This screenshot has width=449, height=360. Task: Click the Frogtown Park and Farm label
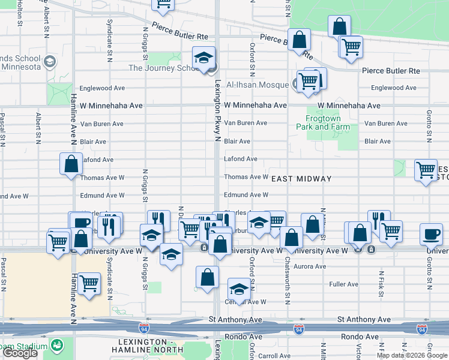323,122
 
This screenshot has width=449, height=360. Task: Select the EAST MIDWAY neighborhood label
301,179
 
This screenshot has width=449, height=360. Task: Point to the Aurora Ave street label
310,266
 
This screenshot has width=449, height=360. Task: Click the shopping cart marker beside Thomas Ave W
426,170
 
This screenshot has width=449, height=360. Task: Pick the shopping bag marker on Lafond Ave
71,164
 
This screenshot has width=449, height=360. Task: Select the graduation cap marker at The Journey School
204,58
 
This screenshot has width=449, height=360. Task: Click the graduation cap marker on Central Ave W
239,289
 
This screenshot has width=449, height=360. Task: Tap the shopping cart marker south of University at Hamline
89,282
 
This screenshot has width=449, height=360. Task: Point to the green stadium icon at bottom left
57,346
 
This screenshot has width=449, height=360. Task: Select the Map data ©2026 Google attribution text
411,355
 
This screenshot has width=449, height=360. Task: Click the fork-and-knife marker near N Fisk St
379,220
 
